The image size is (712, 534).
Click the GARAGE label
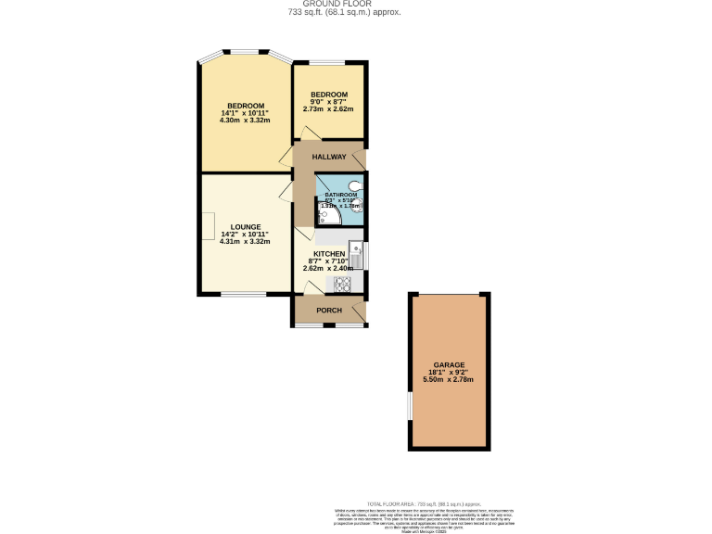pos(449,365)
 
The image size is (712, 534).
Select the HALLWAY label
pos(329,157)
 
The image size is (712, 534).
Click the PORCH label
pos(329,310)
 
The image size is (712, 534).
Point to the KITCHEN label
pos(329,253)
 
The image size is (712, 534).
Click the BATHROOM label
pos(340,195)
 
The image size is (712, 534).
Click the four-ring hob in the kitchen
pos(342,285)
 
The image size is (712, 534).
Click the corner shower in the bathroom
pos(325,217)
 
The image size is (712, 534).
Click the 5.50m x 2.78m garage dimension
pos(449,380)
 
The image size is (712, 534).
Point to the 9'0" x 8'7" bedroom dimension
pos(329,102)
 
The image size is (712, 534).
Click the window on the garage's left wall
pos(410,406)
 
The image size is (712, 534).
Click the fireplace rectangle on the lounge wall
pos(210,225)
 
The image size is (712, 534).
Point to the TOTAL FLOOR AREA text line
pos(421,501)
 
